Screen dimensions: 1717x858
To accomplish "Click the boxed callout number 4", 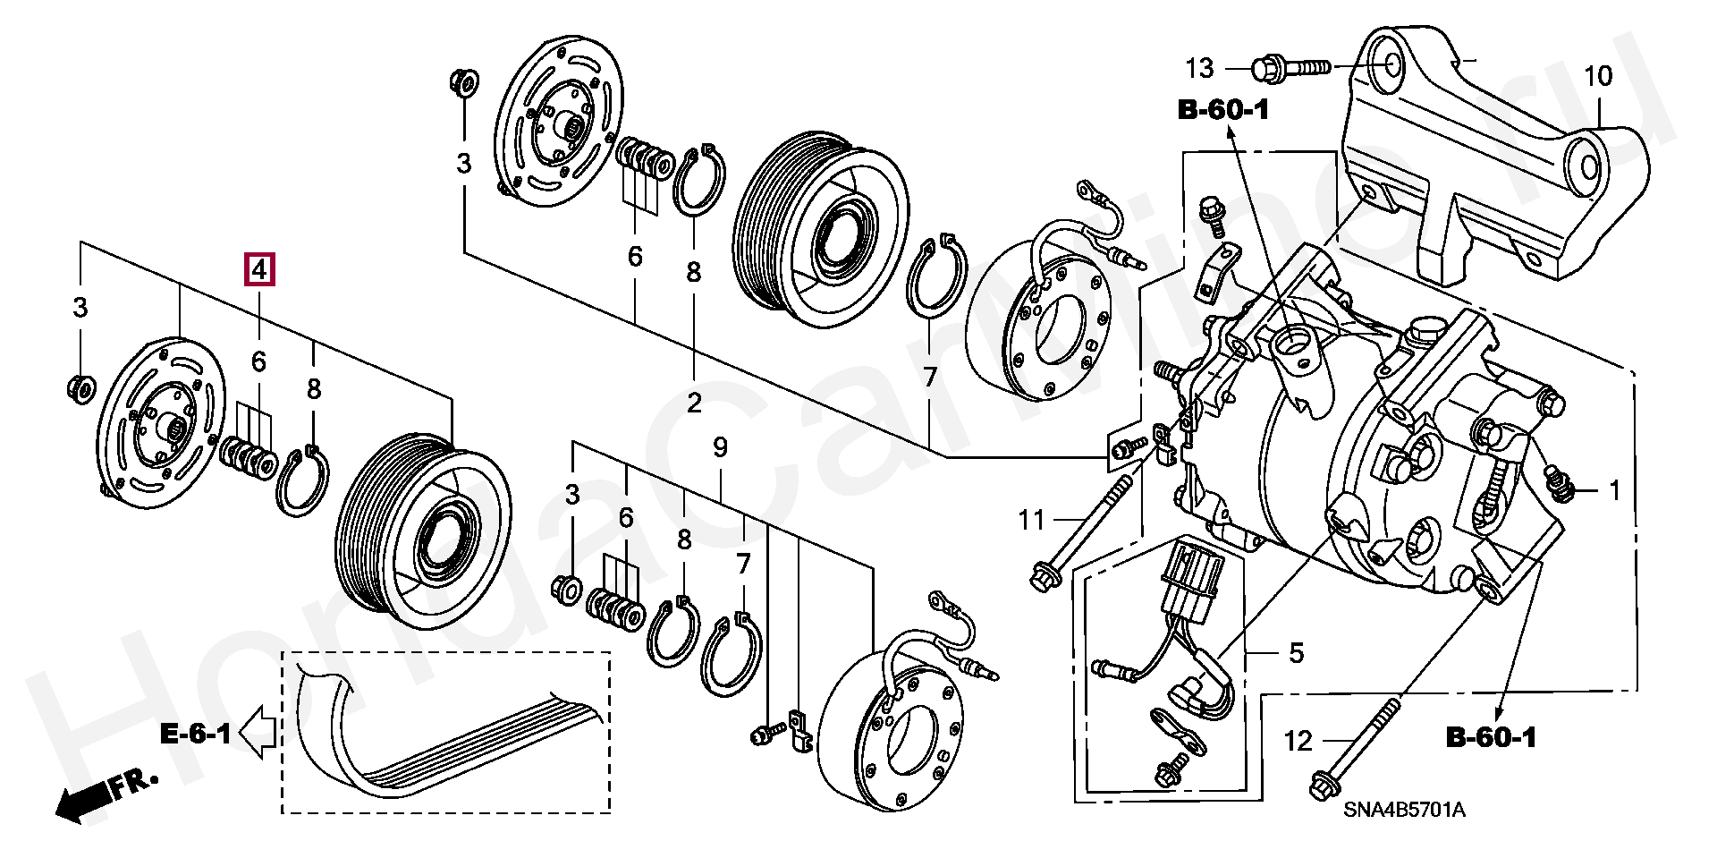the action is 259,268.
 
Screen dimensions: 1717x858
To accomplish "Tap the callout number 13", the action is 1200,67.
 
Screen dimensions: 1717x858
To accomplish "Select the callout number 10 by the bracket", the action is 1597,76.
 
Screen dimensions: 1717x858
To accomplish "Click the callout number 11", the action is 1031,519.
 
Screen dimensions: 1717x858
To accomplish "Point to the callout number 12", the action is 1298,741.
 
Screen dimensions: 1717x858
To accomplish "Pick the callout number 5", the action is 1297,653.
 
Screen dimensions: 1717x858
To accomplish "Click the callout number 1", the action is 1615,490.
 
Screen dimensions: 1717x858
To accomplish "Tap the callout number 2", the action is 694,404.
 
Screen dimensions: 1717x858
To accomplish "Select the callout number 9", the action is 721,447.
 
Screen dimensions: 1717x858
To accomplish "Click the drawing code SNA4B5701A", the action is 1404,811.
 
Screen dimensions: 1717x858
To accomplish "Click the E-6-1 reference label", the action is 195,735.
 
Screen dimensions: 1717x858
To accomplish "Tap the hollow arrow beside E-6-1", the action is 260,731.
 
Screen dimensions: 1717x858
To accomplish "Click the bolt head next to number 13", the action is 1266,66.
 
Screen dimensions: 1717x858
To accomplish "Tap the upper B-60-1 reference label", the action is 1223,111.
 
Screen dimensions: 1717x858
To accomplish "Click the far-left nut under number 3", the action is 79,388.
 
